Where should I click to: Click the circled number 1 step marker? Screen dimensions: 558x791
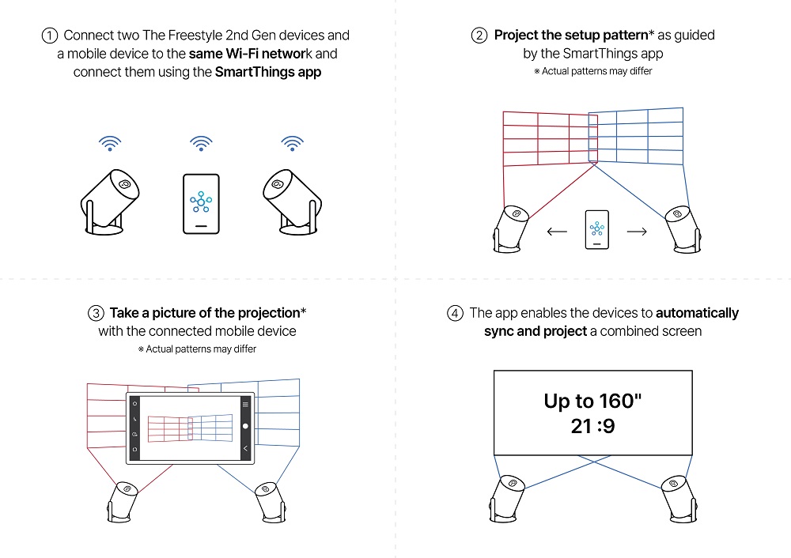[x=50, y=36]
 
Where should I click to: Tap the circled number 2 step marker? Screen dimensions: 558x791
[x=479, y=36]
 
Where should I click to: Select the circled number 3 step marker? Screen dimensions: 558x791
[x=96, y=313]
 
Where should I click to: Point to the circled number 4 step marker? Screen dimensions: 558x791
[x=455, y=313]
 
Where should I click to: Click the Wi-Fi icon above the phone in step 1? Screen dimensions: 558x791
[x=201, y=143]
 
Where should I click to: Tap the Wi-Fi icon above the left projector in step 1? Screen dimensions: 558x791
[x=110, y=143]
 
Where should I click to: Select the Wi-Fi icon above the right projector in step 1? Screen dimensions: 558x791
[x=293, y=143]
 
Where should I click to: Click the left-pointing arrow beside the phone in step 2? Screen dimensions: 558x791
[x=557, y=232]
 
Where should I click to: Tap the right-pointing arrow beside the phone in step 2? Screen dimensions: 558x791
[x=636, y=232]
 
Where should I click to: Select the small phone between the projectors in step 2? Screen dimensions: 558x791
[x=596, y=230]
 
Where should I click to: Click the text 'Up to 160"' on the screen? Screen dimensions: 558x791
[x=593, y=401]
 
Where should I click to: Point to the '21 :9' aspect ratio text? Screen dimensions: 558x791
[x=593, y=427]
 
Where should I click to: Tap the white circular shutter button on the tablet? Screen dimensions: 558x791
[x=245, y=426]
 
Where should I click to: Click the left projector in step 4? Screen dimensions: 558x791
[x=506, y=496]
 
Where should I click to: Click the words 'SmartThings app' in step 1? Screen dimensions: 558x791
[x=268, y=73]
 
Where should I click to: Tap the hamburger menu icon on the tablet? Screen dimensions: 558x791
[x=245, y=403]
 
